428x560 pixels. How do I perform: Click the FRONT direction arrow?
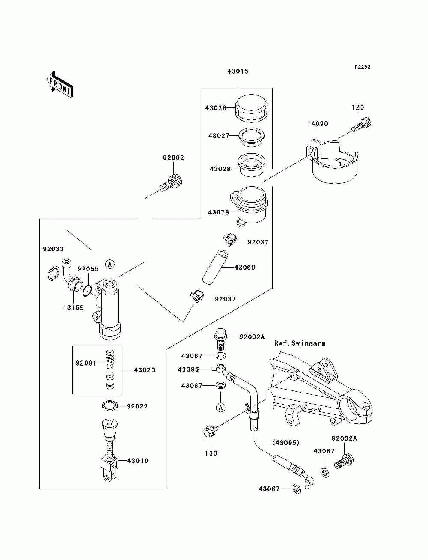click(60, 85)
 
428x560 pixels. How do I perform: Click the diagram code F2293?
click(362, 67)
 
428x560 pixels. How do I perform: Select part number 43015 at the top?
click(238, 71)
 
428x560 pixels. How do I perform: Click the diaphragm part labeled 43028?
click(252, 164)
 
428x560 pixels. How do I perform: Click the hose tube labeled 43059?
click(215, 268)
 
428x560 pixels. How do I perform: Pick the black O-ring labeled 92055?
click(87, 291)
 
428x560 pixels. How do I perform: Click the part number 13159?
click(74, 308)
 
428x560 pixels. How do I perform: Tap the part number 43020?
click(145, 370)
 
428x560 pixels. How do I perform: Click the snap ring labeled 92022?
click(110, 405)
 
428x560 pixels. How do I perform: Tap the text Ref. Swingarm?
click(300, 343)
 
